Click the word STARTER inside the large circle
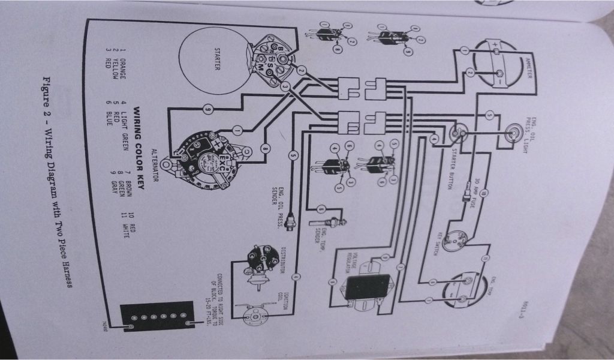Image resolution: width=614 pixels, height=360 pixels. point(218,58)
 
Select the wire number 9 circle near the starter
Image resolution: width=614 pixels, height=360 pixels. point(207,110)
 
